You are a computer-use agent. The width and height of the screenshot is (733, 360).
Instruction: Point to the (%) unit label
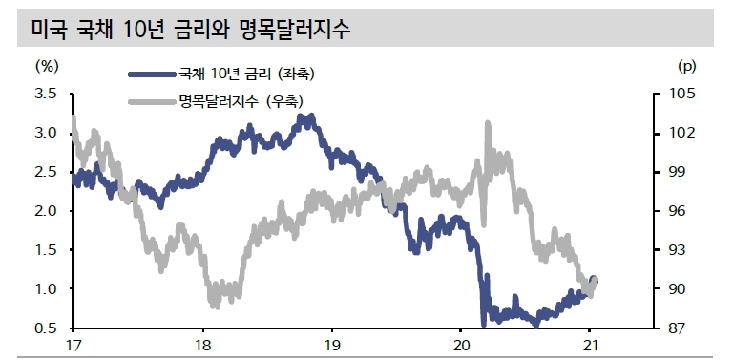(x=47, y=67)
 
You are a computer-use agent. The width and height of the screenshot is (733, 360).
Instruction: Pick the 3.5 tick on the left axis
(x=46, y=94)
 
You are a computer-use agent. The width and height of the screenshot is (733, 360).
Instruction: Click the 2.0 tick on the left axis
(x=46, y=211)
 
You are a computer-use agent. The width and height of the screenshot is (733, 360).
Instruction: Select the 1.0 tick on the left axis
(x=46, y=289)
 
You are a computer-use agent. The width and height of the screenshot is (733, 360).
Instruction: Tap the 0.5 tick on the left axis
(x=46, y=328)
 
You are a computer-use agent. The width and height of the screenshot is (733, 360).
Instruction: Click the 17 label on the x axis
(x=73, y=345)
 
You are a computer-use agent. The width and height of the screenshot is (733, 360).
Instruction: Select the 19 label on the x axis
(x=331, y=345)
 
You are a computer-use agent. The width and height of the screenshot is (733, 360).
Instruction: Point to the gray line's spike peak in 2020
(x=488, y=123)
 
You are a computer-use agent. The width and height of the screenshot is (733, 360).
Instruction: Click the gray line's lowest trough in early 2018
(x=214, y=306)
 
